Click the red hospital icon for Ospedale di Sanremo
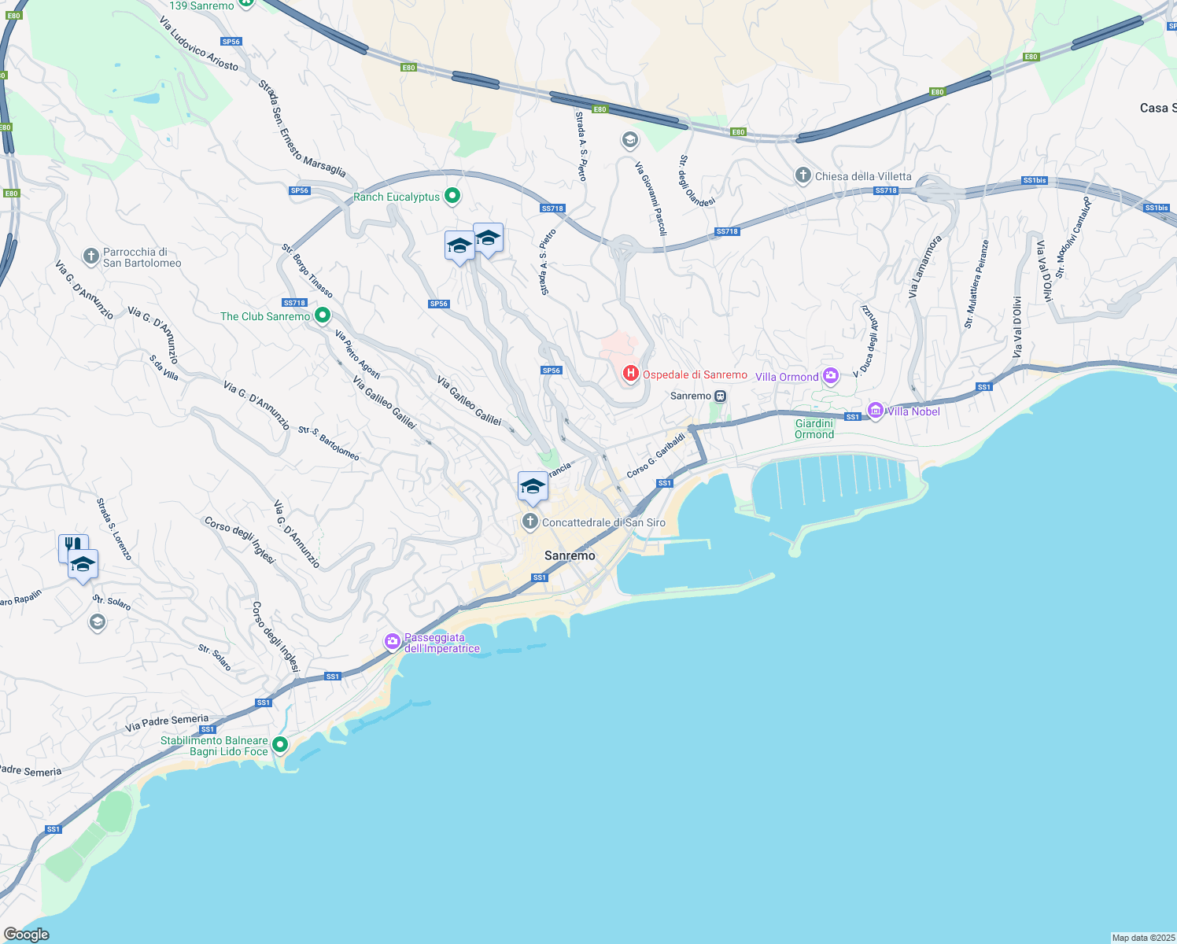630,374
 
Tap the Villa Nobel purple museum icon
875,411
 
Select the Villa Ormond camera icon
831,377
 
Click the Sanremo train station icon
721,396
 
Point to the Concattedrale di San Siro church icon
530,522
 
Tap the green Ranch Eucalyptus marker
452,196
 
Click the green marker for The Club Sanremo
322,316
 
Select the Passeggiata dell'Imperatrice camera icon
392,642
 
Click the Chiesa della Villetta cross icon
802,175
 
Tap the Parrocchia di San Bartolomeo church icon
90,256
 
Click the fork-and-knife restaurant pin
72,546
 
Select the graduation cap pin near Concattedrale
533,487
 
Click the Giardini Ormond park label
814,429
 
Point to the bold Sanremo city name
570,555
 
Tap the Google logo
27,934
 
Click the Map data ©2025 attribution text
1142,938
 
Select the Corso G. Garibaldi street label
655,455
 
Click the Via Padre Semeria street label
167,723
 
